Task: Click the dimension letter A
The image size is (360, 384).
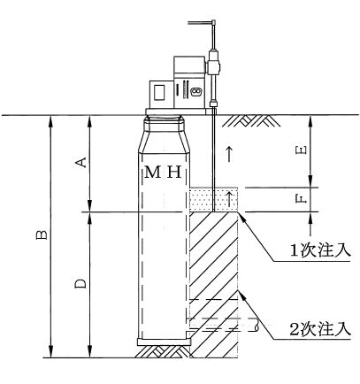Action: point(83,162)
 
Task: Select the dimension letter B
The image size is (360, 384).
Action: point(42,234)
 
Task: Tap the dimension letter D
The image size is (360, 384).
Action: point(80,283)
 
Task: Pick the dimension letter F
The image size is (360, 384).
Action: point(301,200)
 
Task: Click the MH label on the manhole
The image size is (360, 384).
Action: point(163,172)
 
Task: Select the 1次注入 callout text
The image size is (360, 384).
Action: point(320,250)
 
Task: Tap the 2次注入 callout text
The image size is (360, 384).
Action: point(320,329)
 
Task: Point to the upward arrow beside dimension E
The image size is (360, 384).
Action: point(229,153)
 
